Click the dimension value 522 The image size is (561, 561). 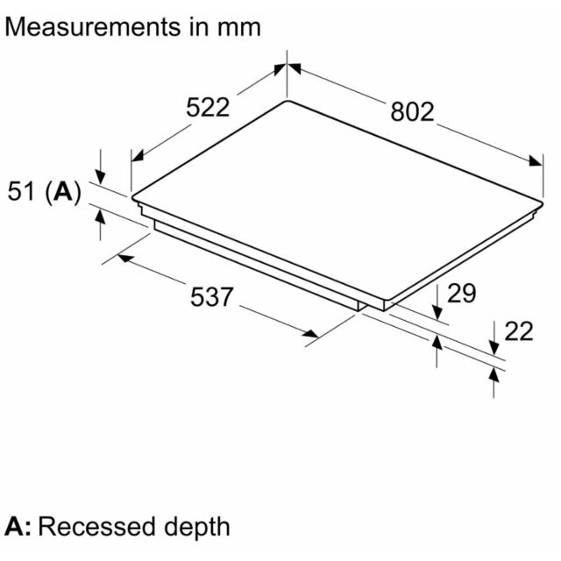(208, 107)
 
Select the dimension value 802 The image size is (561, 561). (412, 111)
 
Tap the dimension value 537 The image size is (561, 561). (212, 297)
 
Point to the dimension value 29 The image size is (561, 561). (462, 294)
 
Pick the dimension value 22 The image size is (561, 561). (519, 331)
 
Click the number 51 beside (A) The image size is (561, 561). (21, 191)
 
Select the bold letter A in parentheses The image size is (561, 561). (63, 191)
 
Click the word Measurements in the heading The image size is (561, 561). (93, 27)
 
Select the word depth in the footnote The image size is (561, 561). (196, 529)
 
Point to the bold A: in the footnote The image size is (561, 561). (18, 527)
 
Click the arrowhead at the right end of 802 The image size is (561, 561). (536, 161)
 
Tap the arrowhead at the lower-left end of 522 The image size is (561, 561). (138, 156)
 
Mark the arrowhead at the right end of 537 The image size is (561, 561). (310, 334)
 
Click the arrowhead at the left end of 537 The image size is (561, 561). (125, 258)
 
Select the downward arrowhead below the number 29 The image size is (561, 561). (437, 312)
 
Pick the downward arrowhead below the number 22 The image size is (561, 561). (494, 349)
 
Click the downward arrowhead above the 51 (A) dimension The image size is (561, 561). (101, 178)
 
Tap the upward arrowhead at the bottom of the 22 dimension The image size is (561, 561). (494, 375)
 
